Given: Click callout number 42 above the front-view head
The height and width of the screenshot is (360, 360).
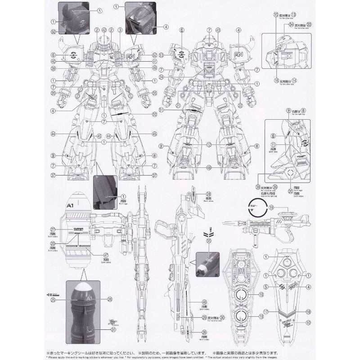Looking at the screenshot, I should [104, 30].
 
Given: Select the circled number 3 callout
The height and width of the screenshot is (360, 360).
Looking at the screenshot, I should [120, 30].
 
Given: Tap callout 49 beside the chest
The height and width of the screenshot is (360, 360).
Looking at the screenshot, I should [154, 68].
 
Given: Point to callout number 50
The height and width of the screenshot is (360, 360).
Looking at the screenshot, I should [154, 114].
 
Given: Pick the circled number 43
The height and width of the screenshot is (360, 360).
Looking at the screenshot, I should [218, 30].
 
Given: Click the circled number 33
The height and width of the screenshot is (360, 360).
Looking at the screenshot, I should [309, 24].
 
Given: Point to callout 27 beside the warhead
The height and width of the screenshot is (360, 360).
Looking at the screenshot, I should [53, 229].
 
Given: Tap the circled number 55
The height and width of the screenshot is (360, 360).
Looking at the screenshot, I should [208, 241].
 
